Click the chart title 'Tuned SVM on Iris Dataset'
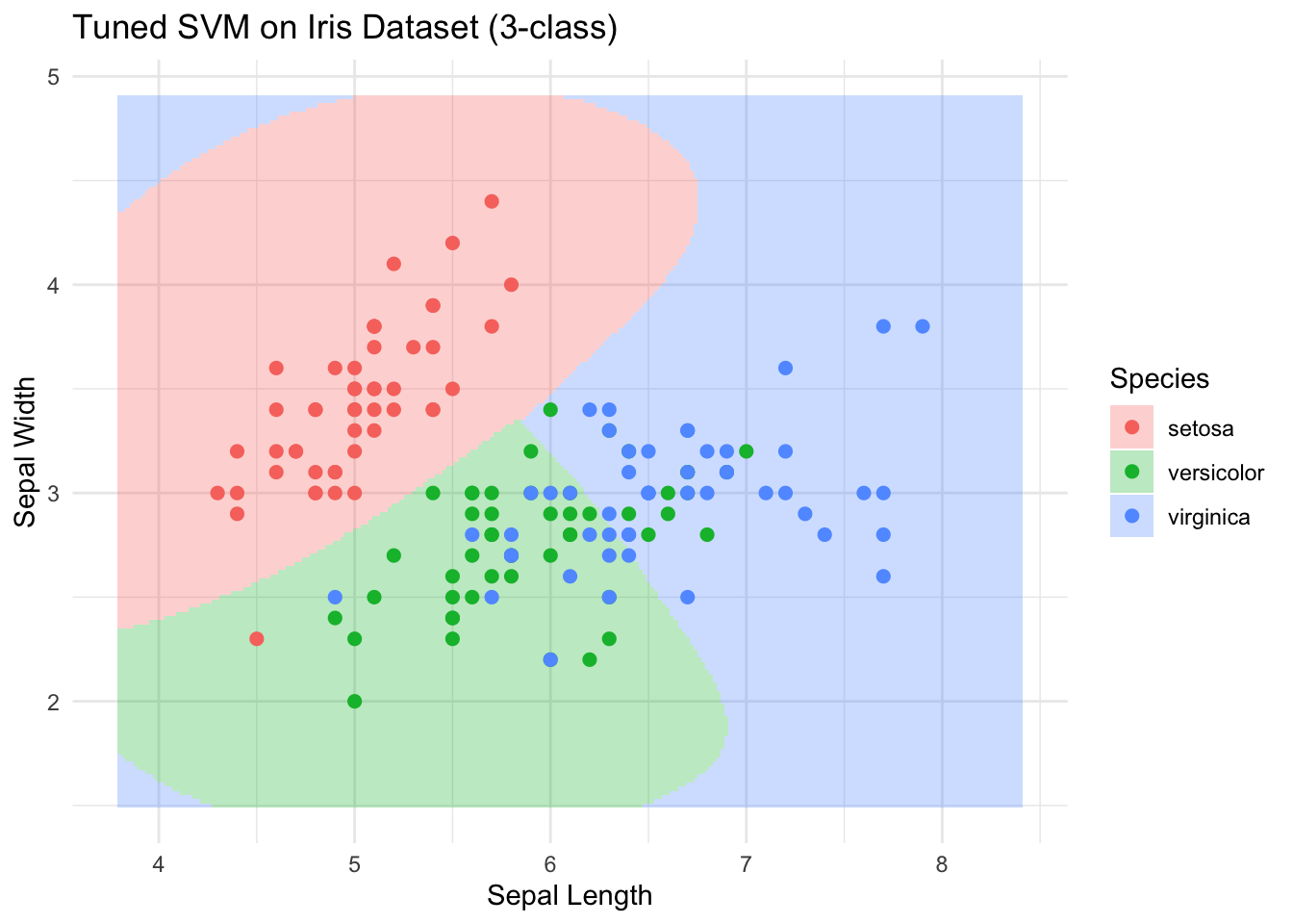344,29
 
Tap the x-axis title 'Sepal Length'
570,896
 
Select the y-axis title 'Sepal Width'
26,451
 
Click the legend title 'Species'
1159,378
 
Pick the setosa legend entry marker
1131,427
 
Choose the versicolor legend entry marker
1131,472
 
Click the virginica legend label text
1208,517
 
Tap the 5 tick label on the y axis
54,76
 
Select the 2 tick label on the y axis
54,702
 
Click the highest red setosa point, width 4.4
492,201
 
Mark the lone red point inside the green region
257,638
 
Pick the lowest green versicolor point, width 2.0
354,701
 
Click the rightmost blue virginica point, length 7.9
923,326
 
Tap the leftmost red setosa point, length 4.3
217,493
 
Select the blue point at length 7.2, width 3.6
785,368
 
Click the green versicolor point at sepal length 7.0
746,450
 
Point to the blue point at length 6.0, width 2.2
550,659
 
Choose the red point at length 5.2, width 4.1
393,264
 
